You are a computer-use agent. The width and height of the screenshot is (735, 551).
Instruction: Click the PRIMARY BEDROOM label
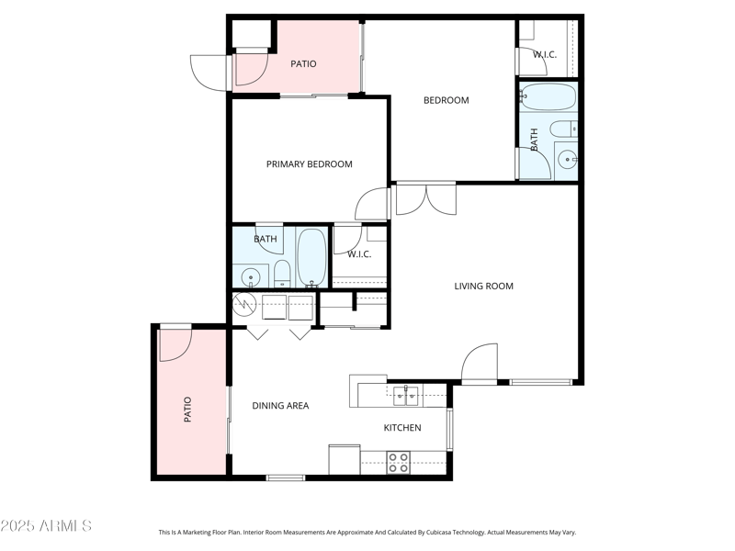310,164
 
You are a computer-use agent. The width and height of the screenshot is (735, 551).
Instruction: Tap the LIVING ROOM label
483,287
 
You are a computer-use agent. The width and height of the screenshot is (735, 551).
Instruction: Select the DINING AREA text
280,406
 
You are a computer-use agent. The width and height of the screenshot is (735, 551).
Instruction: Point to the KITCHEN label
402,428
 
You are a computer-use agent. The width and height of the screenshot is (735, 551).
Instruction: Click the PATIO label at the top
303,64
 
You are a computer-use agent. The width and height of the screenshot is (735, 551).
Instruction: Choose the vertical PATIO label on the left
187,408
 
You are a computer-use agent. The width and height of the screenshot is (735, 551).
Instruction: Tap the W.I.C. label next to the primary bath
359,254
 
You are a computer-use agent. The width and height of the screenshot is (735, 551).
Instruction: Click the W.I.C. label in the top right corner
545,55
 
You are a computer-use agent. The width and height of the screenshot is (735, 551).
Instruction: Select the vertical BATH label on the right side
534,140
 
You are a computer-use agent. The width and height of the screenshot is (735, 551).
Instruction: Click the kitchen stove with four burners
398,462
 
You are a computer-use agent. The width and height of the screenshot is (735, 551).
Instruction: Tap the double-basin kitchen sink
406,396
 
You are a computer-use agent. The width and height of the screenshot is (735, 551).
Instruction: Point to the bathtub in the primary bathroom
312,258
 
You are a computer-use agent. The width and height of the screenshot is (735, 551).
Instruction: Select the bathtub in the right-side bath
548,97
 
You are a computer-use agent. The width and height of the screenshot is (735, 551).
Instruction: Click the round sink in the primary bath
249,276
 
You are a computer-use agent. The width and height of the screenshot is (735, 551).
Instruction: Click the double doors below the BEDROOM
425,200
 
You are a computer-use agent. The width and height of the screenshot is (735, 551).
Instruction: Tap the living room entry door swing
480,364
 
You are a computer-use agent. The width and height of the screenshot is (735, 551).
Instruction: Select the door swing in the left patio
174,344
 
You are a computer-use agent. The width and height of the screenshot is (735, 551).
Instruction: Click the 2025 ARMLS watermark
46,526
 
